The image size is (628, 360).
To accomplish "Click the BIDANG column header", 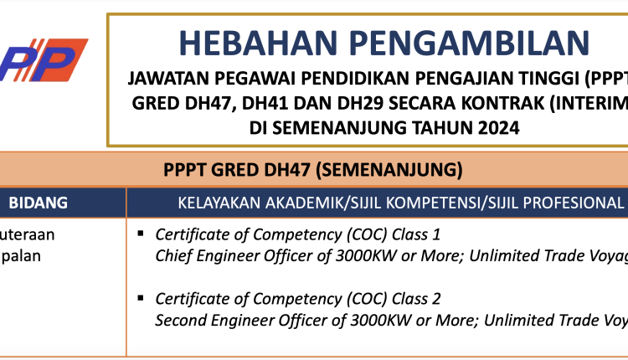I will point(38,203).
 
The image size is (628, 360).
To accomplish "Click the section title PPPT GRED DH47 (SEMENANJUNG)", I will point(313,170).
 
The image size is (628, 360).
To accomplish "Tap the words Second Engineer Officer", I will point(232,320).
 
